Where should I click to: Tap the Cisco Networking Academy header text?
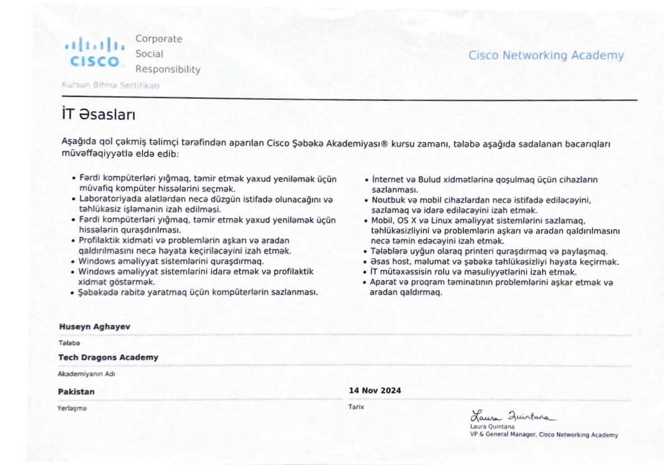(546, 56)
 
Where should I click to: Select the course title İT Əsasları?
(98, 115)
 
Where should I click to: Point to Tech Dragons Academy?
(108, 357)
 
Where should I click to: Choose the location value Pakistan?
(76, 392)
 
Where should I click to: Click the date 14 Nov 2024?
(375, 390)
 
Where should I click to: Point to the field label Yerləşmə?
(72, 408)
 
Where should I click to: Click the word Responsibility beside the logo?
(168, 70)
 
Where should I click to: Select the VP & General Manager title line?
(544, 435)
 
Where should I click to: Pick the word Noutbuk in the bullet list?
(387, 199)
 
